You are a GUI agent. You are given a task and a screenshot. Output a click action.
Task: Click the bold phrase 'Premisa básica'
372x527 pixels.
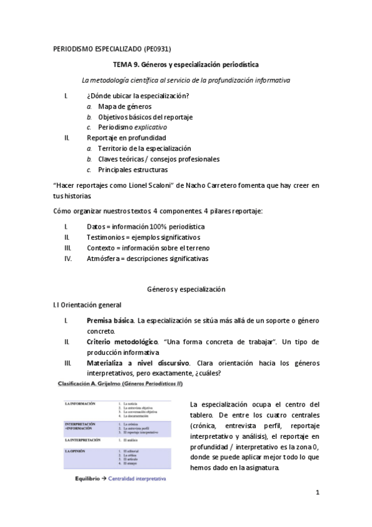coord(110,321)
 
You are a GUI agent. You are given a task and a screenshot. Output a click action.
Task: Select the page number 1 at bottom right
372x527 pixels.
coord(317,493)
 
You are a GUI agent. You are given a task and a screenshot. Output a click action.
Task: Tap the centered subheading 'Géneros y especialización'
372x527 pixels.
coord(186,290)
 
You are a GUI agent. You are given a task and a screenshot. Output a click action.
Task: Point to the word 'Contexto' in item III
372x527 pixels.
coord(102,248)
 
